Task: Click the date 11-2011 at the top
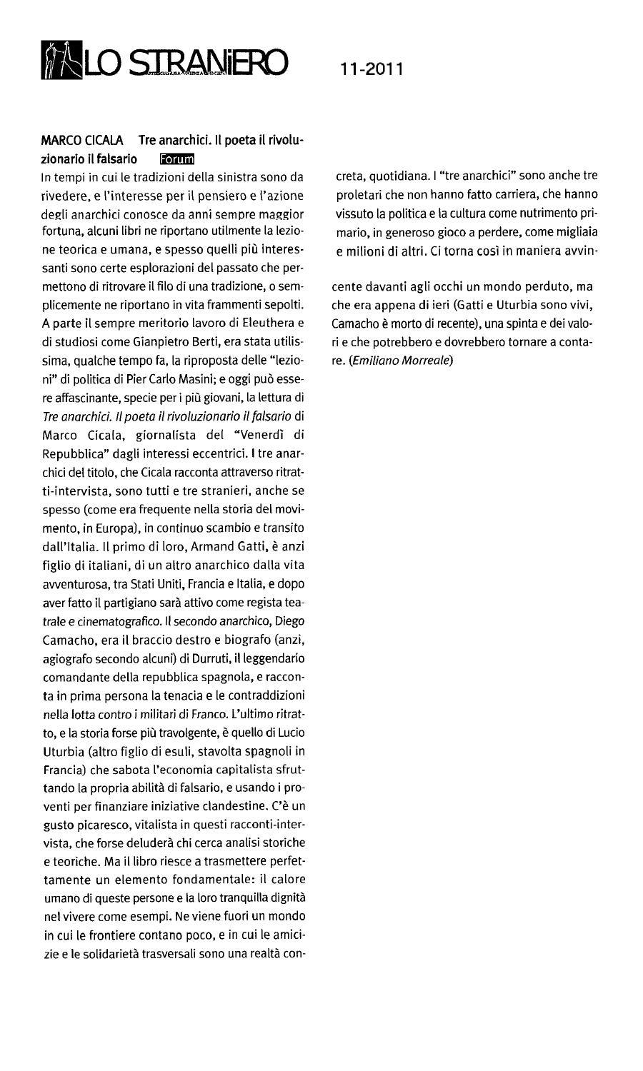(372, 69)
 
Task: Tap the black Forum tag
(177, 159)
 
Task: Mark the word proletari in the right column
(359, 193)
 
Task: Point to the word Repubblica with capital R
(73, 453)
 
